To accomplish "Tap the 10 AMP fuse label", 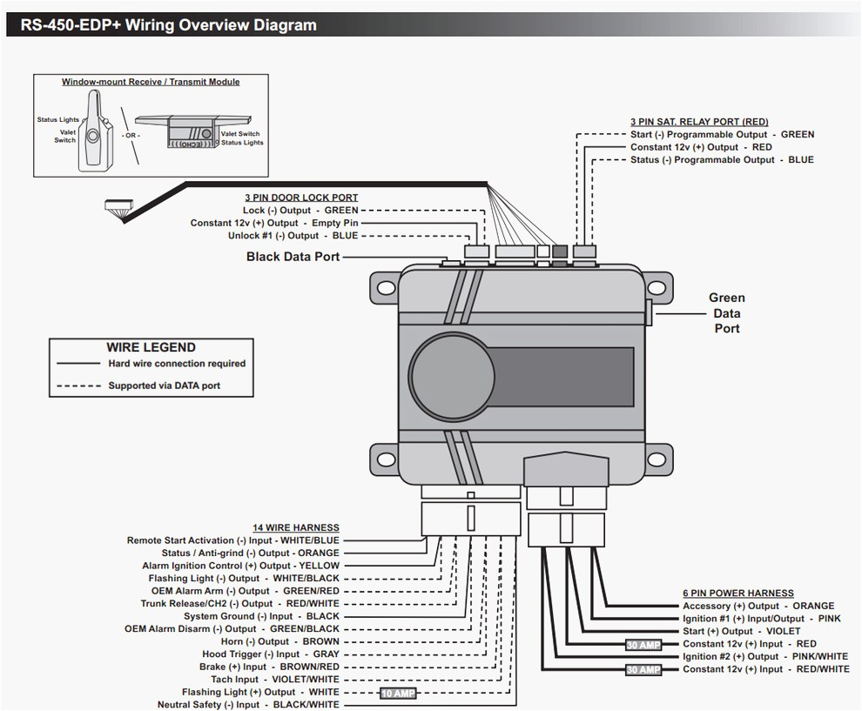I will pyautogui.click(x=397, y=694).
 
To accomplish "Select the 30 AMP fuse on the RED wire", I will pyautogui.click(x=643, y=645).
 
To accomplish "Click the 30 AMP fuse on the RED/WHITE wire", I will pyautogui.click(x=643, y=670).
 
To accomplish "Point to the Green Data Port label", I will pyautogui.click(x=726, y=313).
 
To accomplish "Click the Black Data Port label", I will pyautogui.click(x=293, y=257).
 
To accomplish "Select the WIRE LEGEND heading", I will pyautogui.click(x=151, y=346).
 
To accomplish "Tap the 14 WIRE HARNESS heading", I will pyautogui.click(x=296, y=528).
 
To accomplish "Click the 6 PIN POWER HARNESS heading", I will pyautogui.click(x=737, y=594).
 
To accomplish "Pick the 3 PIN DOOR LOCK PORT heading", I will pyautogui.click(x=301, y=198).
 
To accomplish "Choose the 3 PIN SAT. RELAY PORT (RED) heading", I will pyautogui.click(x=698, y=122).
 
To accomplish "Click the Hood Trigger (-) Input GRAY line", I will pyautogui.click(x=271, y=654).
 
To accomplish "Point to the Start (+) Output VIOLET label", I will pyautogui.click(x=741, y=631).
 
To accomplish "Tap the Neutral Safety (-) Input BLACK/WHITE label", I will pyautogui.click(x=248, y=705).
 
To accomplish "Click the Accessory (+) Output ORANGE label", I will pyautogui.click(x=758, y=606).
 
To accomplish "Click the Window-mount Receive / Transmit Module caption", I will pyautogui.click(x=151, y=82).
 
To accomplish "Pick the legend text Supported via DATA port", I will pyautogui.click(x=164, y=386).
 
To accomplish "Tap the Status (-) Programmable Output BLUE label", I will pyautogui.click(x=722, y=160).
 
